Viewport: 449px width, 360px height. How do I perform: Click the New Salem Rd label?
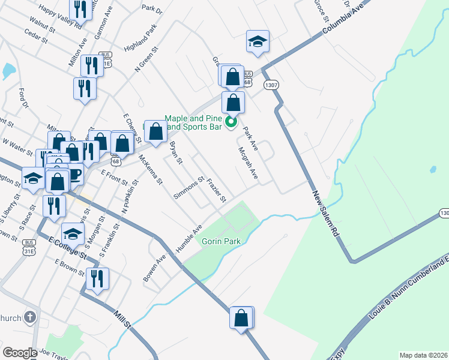326,216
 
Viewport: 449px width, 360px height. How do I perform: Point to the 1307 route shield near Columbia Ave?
271,86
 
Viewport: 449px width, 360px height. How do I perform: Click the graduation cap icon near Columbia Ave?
258,42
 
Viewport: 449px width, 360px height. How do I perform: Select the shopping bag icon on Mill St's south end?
241,318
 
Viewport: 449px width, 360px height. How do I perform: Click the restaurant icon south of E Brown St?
97,279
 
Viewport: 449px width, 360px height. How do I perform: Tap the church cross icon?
31,317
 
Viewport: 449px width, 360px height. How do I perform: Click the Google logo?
20,352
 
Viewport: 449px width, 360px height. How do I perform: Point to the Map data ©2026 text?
423,355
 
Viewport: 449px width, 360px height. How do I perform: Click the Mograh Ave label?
248,163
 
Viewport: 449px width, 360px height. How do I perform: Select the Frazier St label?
216,190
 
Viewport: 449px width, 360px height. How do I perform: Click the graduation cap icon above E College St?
73,233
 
